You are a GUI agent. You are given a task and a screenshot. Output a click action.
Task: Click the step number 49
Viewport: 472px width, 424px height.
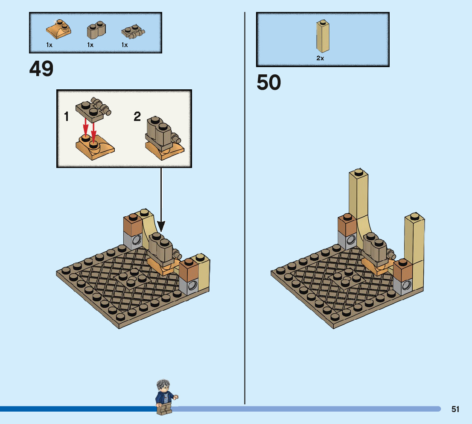click(41, 68)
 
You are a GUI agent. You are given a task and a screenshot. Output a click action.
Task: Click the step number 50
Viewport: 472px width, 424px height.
click(268, 82)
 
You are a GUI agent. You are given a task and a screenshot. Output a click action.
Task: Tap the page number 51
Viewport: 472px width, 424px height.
click(455, 409)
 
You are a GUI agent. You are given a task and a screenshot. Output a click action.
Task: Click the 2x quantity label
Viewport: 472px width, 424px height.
click(320, 58)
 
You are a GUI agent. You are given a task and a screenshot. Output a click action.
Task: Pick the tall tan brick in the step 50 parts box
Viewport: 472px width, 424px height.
click(323, 36)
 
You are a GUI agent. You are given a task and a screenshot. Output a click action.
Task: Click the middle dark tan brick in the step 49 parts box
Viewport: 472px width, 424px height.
click(96, 30)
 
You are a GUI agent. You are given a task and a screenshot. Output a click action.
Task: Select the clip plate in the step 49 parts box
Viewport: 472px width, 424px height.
click(133, 32)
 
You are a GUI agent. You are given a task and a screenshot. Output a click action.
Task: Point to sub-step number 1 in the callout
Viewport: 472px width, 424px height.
click(67, 116)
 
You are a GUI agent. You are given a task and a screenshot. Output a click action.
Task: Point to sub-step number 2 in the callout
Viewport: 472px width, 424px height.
click(137, 116)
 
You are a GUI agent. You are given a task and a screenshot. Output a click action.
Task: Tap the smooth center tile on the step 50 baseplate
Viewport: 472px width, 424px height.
click(345, 280)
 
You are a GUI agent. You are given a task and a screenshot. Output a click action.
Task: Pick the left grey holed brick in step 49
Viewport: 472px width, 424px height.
click(133, 241)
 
